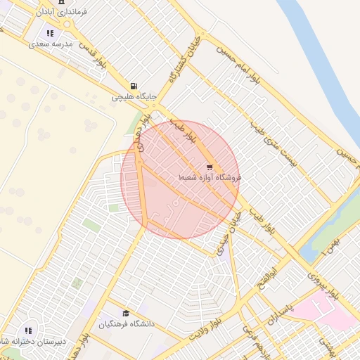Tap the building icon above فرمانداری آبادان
(62, 2)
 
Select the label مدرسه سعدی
(51, 44)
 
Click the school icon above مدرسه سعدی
(50, 33)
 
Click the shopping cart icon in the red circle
(210, 167)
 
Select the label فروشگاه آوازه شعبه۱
(210, 178)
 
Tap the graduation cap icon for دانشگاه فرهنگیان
(126, 314)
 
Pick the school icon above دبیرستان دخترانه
(29, 330)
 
